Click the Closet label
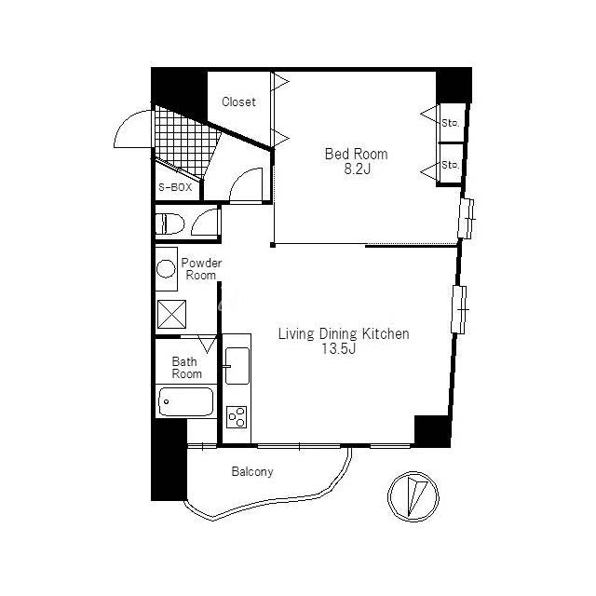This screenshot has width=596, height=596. pos(238,102)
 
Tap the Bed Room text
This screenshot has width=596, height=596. pos(356,154)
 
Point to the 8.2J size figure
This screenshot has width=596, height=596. pos(358,169)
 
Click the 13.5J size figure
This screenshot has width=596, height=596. pos(339,348)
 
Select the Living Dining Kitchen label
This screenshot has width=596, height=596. pos(344,333)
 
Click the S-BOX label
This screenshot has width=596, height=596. pos(175,187)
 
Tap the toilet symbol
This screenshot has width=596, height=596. pos(169,223)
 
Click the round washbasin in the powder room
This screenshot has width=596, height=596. pos(166,269)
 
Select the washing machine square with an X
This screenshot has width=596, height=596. pos(171,315)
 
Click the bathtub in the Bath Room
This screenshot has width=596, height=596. pos(185,401)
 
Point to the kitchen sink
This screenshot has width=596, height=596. pos(237,366)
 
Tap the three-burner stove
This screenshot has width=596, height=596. pos(237,417)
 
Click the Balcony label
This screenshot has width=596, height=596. pos(252,472)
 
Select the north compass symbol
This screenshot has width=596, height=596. pos(413,496)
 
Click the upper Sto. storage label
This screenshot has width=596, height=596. pos(451,123)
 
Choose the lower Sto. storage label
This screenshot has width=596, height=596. pos(451,165)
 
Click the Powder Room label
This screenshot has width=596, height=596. pos(201,269)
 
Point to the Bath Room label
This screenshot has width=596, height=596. pos(186,368)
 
